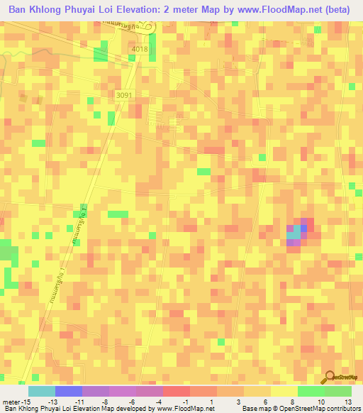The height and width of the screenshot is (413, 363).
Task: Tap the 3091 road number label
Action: pyautogui.click(x=124, y=94)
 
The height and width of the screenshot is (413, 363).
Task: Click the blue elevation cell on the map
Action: pyautogui.click(x=304, y=228)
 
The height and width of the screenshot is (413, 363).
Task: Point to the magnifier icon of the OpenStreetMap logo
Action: pyautogui.click(x=330, y=378)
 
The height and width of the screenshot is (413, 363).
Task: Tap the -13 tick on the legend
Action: pyautogui.click(x=62, y=401)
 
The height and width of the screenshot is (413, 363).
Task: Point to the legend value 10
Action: pyautogui.click(x=320, y=401)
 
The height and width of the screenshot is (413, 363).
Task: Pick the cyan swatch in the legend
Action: pyautogui.click(x=41, y=391)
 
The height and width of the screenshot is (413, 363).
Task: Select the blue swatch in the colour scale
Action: pyautogui.click(x=68, y=391)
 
